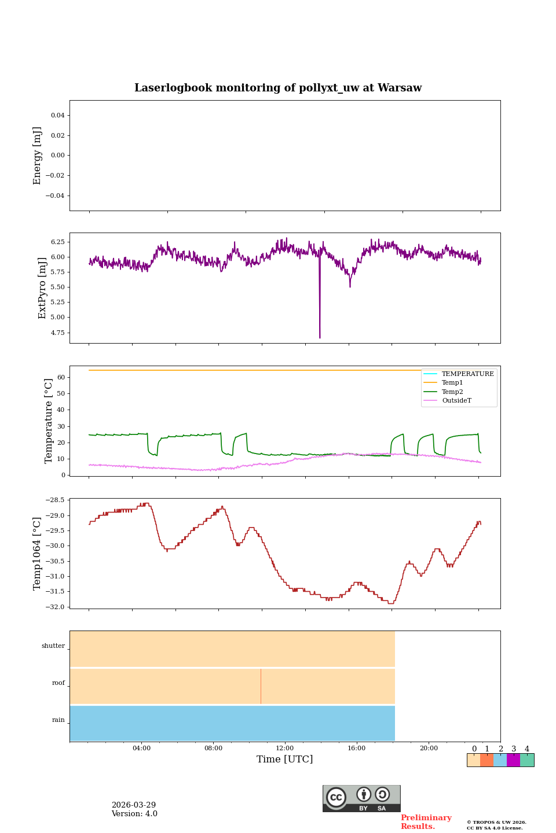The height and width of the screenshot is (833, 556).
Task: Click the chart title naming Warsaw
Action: click(278, 88)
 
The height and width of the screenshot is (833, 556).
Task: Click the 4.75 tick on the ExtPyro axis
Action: click(57, 333)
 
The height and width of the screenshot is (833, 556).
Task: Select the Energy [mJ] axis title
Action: click(38, 156)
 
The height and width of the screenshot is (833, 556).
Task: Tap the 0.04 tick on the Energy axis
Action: click(57, 116)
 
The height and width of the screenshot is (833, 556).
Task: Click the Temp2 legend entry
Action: click(452, 392)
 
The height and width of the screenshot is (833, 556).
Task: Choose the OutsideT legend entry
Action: click(456, 400)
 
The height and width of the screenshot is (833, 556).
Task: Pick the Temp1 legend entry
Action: click(452, 382)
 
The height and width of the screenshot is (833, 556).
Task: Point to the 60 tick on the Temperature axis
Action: click(60, 377)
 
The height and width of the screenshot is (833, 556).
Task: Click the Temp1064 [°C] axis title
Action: click(38, 554)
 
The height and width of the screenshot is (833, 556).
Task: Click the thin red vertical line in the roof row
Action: click(261, 686)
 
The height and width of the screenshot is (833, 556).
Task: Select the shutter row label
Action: click(53, 646)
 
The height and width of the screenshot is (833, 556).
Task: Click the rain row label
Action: click(58, 720)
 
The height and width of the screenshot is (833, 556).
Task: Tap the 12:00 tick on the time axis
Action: click(285, 748)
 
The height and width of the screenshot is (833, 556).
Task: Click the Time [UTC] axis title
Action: click(285, 759)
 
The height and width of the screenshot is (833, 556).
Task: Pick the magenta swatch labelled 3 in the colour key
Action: click(513, 760)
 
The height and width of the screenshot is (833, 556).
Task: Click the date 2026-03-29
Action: click(134, 805)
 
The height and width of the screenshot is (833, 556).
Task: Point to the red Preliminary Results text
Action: click(426, 822)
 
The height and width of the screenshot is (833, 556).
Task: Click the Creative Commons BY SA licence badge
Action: click(361, 798)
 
